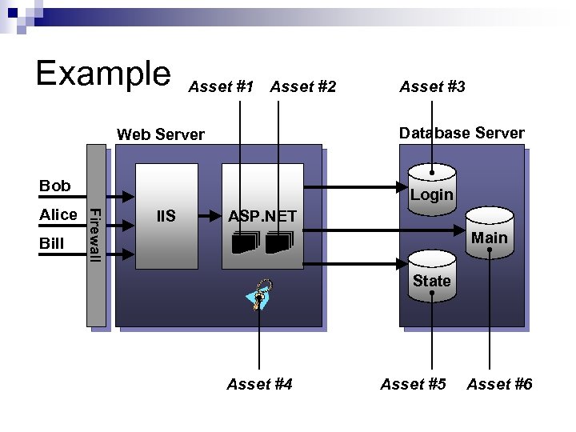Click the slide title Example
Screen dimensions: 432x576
102,74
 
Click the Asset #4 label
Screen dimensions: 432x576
259,385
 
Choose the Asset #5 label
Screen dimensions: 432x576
413,385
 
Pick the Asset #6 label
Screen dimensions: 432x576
499,385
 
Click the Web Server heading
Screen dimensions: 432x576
161,134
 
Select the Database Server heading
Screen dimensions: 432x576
462,133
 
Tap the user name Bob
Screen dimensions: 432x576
55,186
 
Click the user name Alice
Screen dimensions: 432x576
58,214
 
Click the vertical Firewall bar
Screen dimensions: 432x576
95,236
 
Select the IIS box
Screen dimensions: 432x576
166,216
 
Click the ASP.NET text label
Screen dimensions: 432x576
262,216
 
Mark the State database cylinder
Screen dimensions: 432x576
431,276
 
